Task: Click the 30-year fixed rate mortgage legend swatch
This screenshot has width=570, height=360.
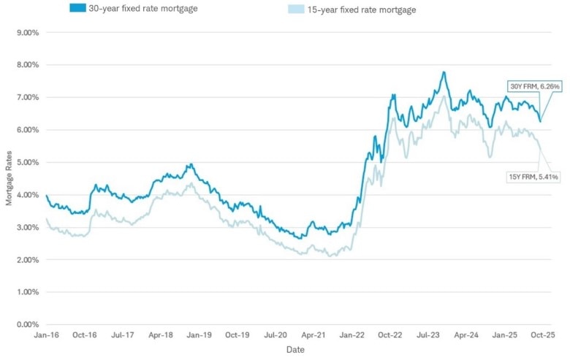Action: (x=77, y=8)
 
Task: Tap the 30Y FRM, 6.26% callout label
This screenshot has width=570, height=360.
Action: (x=535, y=87)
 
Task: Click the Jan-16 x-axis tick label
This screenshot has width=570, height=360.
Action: (x=47, y=335)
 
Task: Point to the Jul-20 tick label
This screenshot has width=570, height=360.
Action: (x=275, y=335)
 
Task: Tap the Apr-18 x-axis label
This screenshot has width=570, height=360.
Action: (x=161, y=335)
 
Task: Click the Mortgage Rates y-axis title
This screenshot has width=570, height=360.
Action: (x=9, y=178)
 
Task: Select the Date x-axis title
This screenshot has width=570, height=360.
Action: (x=294, y=350)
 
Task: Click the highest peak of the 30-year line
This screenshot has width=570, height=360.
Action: (x=444, y=72)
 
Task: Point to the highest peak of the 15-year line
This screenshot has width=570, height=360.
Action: (x=442, y=96)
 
